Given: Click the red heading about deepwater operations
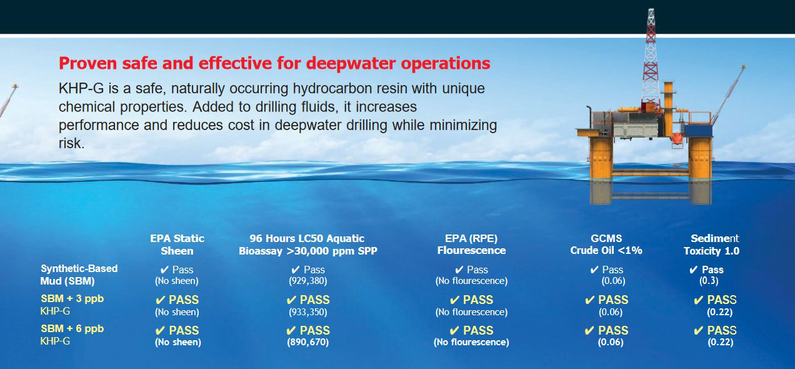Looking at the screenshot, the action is [274, 63].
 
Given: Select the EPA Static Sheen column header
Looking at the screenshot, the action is [177, 245].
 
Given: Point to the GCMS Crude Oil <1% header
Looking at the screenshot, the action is [606, 245].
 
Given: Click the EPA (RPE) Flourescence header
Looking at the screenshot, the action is [471, 245].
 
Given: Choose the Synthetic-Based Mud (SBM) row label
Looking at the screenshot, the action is [79, 275].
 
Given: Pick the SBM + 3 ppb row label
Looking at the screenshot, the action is [72, 305].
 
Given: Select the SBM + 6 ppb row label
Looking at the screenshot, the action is [72, 335].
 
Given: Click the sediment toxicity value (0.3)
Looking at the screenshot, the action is [709, 281].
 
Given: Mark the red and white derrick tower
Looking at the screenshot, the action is [651, 57].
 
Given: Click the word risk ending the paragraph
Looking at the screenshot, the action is [71, 143].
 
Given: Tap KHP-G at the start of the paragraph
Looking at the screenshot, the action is [81, 88].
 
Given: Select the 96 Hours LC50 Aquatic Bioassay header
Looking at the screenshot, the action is [307, 245].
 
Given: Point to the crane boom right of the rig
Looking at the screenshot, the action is [728, 94].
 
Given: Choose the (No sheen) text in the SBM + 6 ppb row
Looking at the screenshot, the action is [177, 342].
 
